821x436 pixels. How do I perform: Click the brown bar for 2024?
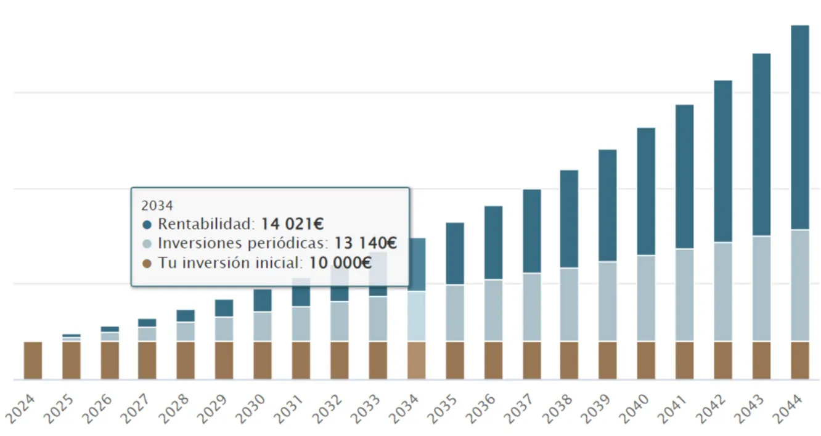(33, 360)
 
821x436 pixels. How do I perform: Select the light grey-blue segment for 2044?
(799, 285)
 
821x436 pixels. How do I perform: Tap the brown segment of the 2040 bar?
(646, 360)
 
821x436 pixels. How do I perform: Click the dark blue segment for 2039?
(607, 206)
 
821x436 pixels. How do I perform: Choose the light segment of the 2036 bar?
(493, 310)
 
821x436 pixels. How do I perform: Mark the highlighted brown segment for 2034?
(417, 360)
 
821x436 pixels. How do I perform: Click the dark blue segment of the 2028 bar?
(186, 315)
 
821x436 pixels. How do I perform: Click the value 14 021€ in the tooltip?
(292, 224)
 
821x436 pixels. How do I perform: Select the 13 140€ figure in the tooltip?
(365, 243)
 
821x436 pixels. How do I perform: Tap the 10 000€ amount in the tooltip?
(340, 263)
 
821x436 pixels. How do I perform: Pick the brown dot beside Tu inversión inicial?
(147, 264)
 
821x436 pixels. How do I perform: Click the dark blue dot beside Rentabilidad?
(147, 224)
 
